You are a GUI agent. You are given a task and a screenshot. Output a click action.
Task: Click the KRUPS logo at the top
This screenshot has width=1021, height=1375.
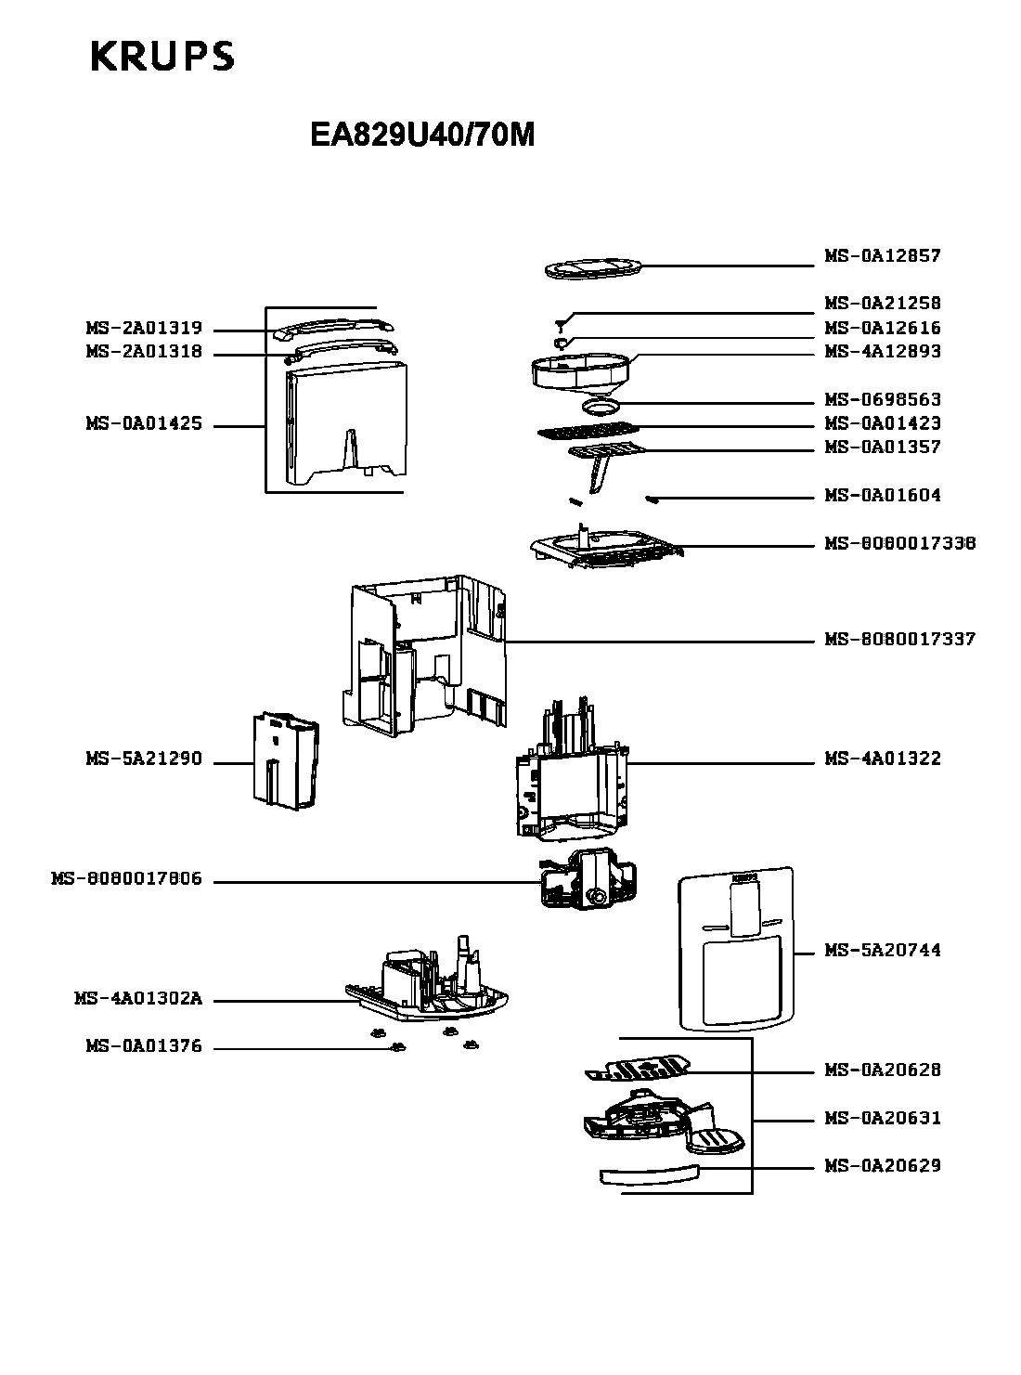point(162,58)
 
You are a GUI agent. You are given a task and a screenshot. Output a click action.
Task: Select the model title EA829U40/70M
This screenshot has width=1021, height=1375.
point(422,136)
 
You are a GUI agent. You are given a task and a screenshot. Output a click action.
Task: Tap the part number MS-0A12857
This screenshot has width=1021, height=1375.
point(882,256)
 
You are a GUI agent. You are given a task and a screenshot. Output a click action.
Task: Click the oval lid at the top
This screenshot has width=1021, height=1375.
point(591,269)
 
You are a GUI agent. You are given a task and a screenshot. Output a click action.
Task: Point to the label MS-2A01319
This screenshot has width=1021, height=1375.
point(144,329)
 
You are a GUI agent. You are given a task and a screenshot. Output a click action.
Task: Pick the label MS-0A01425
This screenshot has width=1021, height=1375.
point(144,425)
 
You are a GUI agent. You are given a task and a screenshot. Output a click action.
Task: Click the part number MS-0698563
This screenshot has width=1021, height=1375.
point(882,400)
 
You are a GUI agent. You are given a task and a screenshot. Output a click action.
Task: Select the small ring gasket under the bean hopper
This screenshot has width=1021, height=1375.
point(601,406)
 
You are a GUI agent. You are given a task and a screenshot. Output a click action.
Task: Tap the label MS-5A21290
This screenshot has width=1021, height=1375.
point(144,759)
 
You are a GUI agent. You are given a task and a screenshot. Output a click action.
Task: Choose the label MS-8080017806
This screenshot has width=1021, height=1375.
point(126,879)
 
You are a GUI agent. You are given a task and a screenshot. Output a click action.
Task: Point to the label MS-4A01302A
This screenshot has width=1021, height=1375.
point(138,1000)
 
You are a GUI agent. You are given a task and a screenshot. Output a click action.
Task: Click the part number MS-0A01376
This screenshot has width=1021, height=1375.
point(144,1047)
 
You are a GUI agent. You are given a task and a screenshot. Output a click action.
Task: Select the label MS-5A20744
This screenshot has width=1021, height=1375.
point(882,951)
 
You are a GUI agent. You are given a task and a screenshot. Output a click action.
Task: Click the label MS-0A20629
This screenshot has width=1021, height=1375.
point(882,1166)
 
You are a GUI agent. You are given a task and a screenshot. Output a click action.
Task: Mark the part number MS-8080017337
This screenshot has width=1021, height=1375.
point(899,640)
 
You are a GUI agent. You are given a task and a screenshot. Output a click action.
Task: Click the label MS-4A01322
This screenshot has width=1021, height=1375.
point(882,759)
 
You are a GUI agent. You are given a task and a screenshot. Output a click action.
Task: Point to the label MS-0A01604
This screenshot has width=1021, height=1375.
point(882,496)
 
